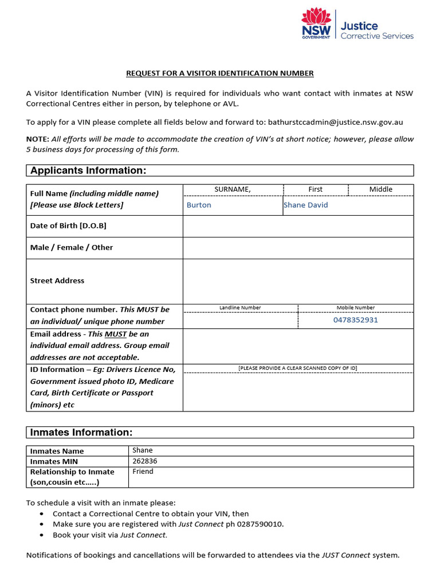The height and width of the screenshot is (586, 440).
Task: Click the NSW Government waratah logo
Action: (316, 23)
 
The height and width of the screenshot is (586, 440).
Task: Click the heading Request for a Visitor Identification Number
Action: (220, 73)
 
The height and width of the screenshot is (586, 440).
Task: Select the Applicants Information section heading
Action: (88, 171)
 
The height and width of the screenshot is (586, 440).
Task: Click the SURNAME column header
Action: (233, 189)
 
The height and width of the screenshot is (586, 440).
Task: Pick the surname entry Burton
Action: (199, 205)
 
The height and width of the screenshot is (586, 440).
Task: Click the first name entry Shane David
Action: (306, 205)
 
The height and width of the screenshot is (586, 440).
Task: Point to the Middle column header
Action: (380, 189)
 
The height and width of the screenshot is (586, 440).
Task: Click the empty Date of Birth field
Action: (298, 226)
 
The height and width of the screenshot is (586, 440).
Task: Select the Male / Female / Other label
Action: (72, 248)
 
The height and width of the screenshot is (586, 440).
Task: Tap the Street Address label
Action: (57, 281)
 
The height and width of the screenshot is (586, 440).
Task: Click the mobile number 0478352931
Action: (355, 320)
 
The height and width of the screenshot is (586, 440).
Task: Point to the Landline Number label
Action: (240, 308)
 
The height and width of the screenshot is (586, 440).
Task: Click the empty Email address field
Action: (298, 346)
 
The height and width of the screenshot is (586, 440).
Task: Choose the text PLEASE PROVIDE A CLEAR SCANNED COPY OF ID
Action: (298, 368)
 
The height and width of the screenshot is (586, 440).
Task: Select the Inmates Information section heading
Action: (81, 433)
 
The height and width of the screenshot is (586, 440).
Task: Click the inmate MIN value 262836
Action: (145, 461)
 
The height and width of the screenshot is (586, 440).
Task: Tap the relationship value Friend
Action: (143, 472)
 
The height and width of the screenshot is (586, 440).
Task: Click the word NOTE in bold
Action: (37, 139)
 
